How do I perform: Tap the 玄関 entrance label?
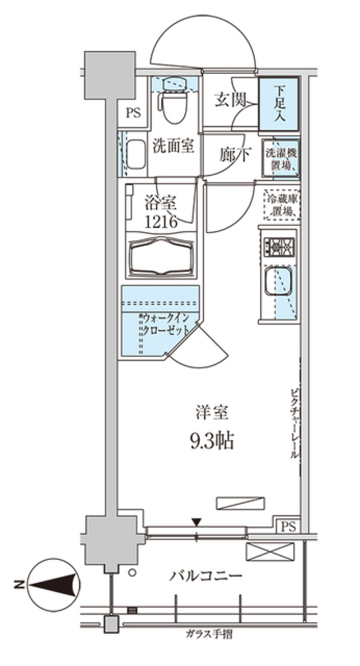click(x=230, y=100)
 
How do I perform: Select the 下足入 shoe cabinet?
click(x=279, y=103)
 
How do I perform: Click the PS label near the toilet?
click(x=133, y=113)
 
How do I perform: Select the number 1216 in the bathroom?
click(x=161, y=222)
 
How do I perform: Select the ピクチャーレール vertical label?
click(x=294, y=424)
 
